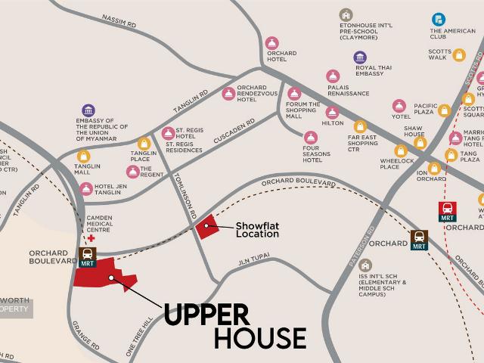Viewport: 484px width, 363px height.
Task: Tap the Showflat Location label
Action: pyautogui.click(x=257, y=229)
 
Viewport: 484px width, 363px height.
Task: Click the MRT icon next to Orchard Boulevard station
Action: pyautogui.click(x=87, y=258)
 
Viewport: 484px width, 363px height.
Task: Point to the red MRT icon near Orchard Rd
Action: pyautogui.click(x=447, y=211)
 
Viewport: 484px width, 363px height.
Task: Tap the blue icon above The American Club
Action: pyautogui.click(x=438, y=20)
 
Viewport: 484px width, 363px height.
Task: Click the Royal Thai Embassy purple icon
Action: pyautogui.click(x=360, y=57)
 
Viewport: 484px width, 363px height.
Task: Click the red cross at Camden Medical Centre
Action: pyautogui.click(x=92, y=238)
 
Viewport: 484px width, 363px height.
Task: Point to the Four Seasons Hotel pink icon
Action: pyautogui.click(x=310, y=137)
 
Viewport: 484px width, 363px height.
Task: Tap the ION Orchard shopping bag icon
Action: pyautogui.click(x=434, y=168)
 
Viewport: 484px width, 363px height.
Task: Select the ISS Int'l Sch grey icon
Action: pyautogui.click(x=365, y=265)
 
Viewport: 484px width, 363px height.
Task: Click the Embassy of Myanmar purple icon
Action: pyautogui.click(x=89, y=110)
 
